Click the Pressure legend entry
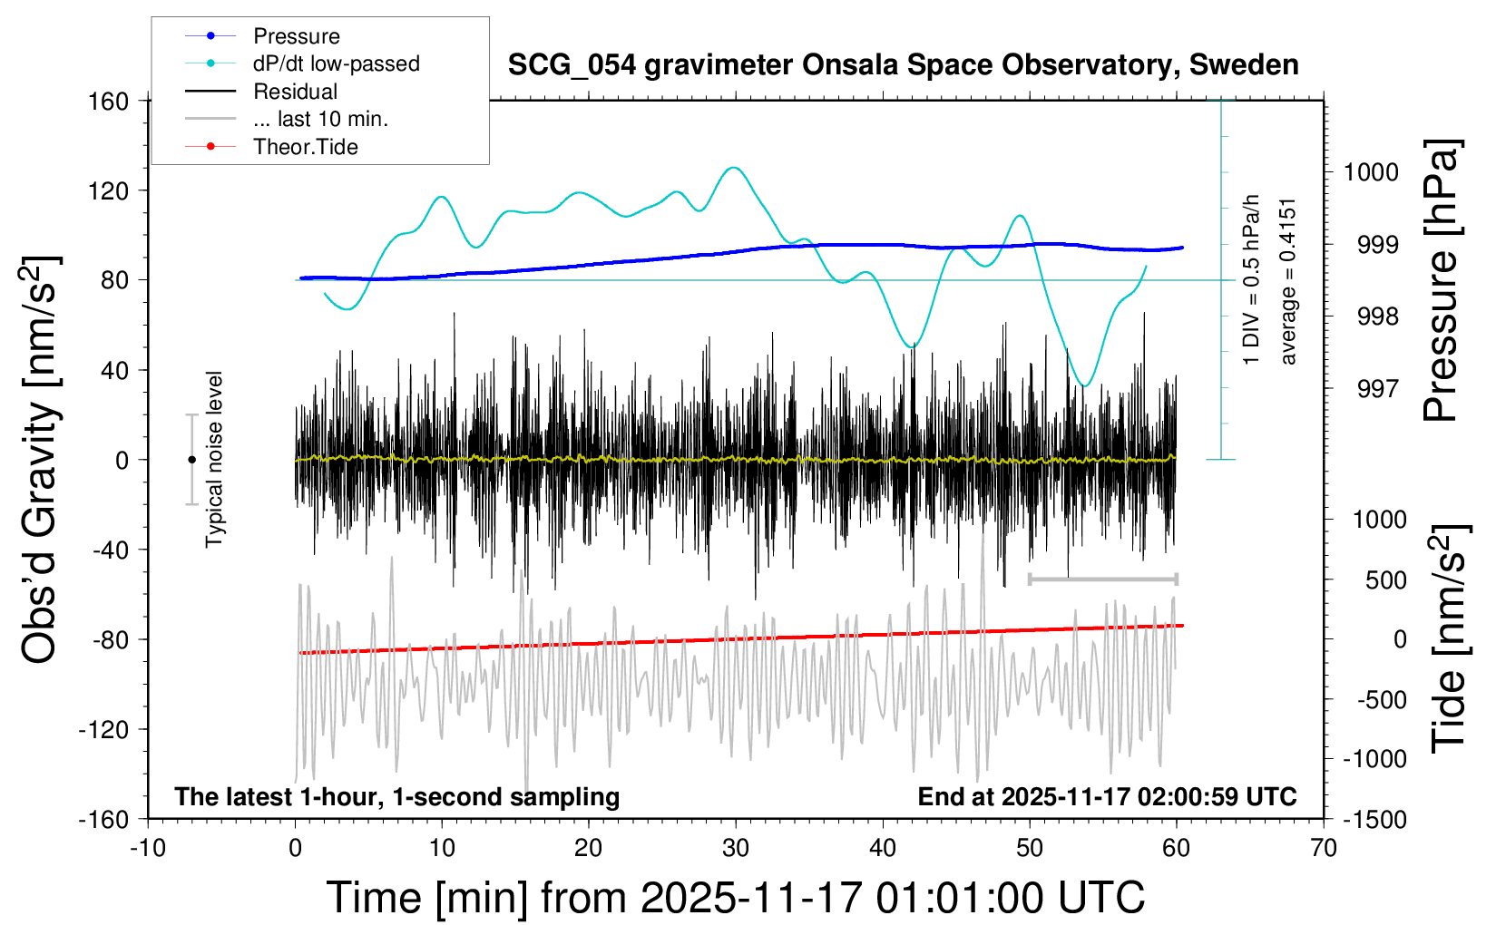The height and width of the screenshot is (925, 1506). coord(296,36)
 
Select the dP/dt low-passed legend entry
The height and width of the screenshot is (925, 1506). coord(336,63)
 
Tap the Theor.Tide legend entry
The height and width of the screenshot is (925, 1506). coord(305,147)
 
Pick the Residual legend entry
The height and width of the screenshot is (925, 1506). coord(295,92)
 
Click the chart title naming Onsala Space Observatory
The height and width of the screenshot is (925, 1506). coord(903,65)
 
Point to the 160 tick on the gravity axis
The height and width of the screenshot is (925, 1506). coord(108,101)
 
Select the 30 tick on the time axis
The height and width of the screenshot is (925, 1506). coord(735,849)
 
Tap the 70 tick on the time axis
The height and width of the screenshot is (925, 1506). coord(1323,849)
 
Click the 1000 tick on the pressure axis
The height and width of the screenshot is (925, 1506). coord(1370,172)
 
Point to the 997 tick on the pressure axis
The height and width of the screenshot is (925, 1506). coord(1377,389)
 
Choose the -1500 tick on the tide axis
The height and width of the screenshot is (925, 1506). coord(1374,820)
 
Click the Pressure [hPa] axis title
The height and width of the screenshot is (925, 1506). coord(1441,281)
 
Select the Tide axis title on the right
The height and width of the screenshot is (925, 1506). coord(1448,638)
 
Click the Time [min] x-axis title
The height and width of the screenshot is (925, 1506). coord(735,898)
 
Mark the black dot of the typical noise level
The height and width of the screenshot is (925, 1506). coord(191,460)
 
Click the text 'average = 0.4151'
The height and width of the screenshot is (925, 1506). coord(1287,281)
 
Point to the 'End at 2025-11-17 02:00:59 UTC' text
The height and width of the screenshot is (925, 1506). coord(1107,797)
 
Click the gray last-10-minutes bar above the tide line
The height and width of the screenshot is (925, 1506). coord(1102,579)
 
